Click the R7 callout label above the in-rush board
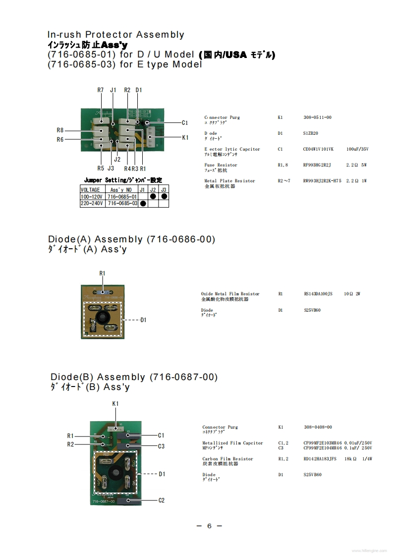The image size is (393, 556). pos(100,90)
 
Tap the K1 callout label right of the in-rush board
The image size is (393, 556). pos(185,137)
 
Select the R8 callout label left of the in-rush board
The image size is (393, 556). pos(60,130)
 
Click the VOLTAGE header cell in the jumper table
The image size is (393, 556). pos(91,190)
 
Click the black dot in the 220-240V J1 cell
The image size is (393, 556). pos(143,203)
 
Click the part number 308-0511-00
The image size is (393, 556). pos(317,117)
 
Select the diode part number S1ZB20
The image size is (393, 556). pos(311,133)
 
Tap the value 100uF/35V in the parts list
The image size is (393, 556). pos(357,149)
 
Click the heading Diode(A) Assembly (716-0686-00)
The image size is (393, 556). pos(131,239)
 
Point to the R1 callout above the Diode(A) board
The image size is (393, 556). pos(103,274)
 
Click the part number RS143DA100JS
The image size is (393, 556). pos(318,294)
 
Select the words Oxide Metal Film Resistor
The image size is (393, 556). pos(230,294)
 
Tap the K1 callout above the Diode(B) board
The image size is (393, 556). pos(115,404)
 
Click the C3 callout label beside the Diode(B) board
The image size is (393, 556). pos(161,446)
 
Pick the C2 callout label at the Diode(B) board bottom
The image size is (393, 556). pos(161,500)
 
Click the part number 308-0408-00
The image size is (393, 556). pos(318,427)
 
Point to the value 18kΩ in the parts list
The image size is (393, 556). pos(351,459)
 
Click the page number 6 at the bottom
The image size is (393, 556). pos(209,526)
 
